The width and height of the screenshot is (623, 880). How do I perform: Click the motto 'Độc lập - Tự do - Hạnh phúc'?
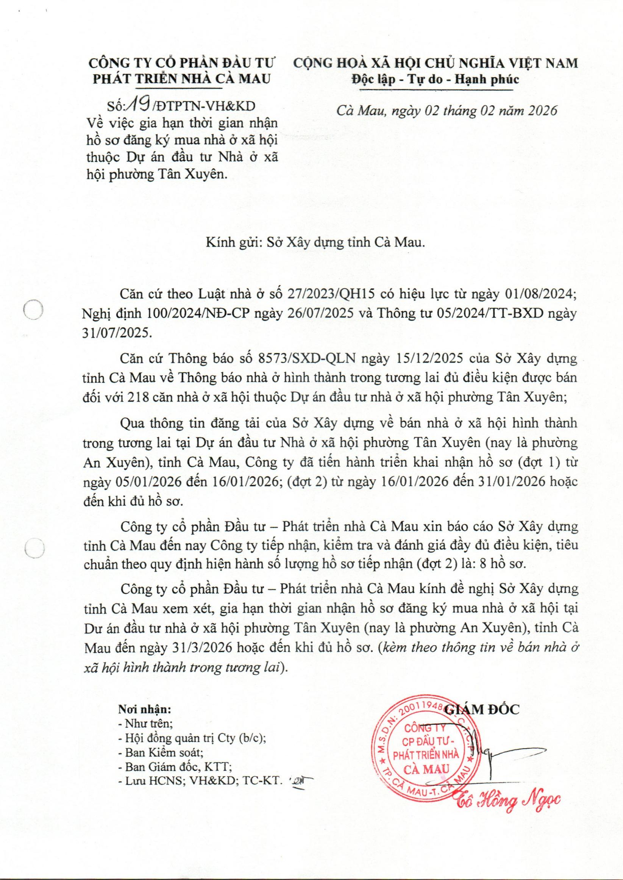(435, 80)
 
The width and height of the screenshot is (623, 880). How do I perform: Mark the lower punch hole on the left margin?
(33, 547)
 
